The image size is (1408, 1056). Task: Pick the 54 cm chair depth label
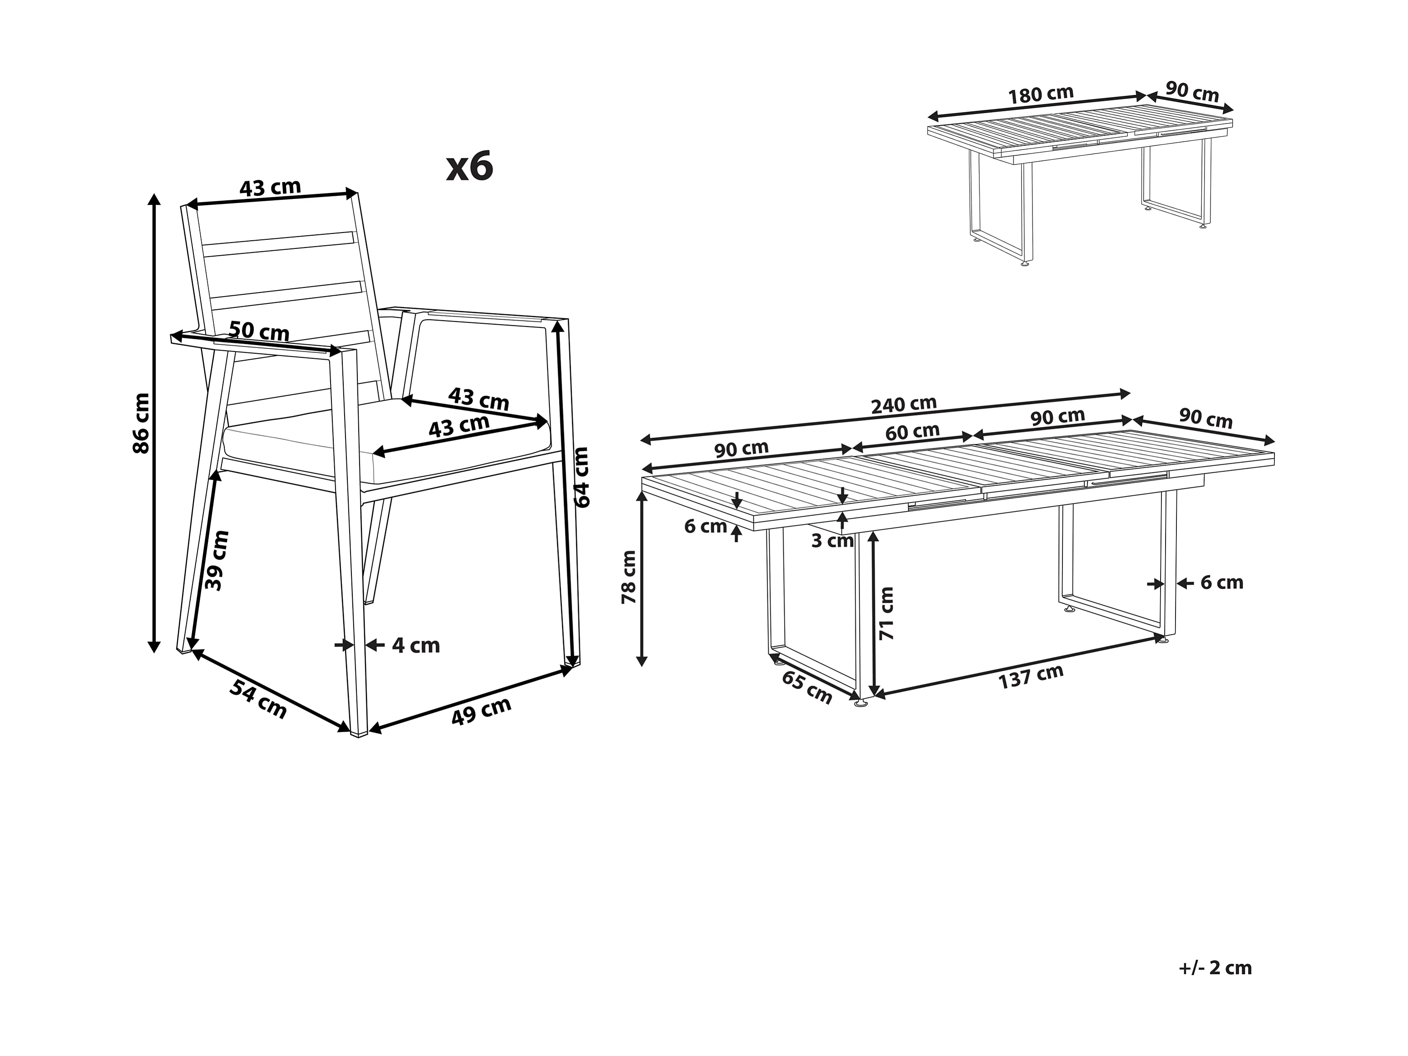tap(258, 699)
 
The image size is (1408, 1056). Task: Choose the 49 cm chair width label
tap(481, 711)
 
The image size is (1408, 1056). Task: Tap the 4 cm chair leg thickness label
tap(415, 646)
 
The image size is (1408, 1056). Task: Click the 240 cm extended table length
tap(904, 405)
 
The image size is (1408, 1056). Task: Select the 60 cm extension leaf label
tap(912, 432)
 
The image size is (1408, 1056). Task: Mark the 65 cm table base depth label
tap(806, 687)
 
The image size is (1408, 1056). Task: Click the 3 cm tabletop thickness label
tap(832, 541)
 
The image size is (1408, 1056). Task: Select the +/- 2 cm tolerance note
tap(1215, 968)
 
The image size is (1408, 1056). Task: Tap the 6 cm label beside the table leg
tap(1221, 583)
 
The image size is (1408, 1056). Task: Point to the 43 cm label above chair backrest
tap(270, 188)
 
